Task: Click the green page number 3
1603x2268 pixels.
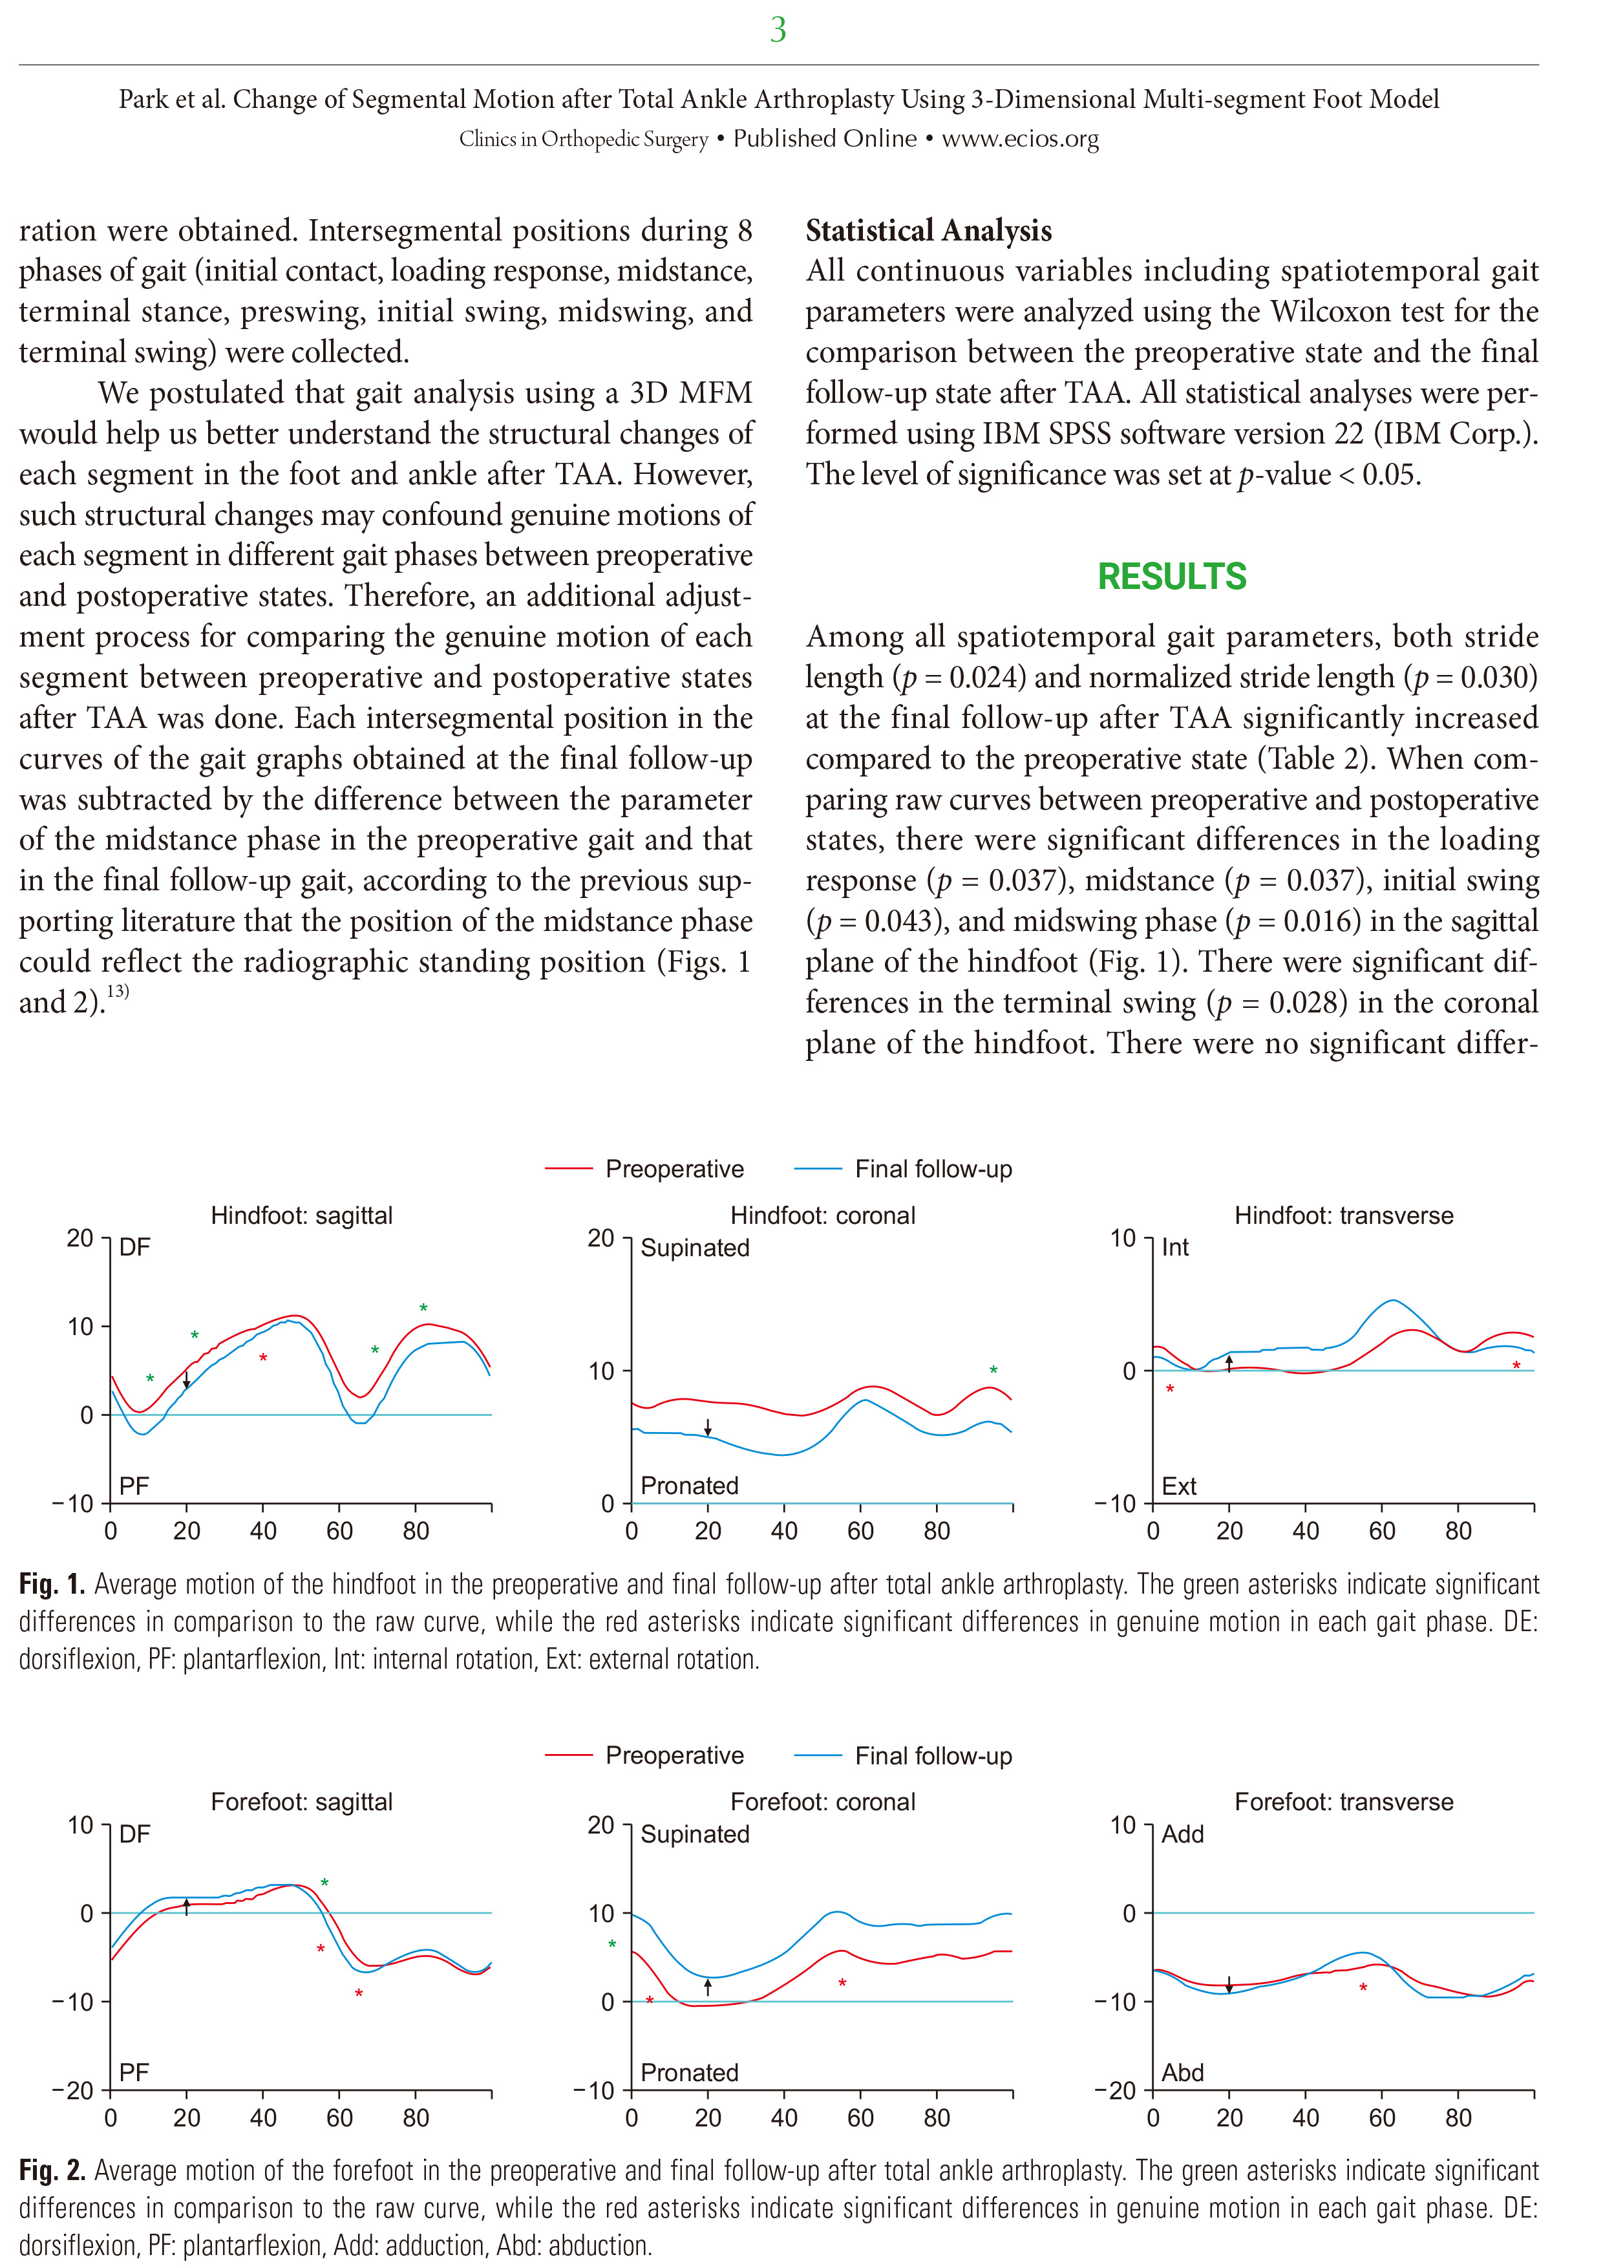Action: [x=778, y=30]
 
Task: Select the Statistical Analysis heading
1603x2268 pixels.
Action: [x=928, y=230]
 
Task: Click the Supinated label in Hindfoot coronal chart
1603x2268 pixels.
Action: [x=695, y=1248]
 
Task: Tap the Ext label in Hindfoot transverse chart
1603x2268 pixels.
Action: [x=1178, y=1486]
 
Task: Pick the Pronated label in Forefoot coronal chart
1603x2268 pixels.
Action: [x=690, y=2072]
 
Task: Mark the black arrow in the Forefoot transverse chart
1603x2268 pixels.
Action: [x=1229, y=1985]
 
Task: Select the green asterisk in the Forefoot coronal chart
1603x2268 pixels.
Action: [x=612, y=1945]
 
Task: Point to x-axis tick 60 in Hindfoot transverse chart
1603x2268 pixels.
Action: [x=1382, y=1531]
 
